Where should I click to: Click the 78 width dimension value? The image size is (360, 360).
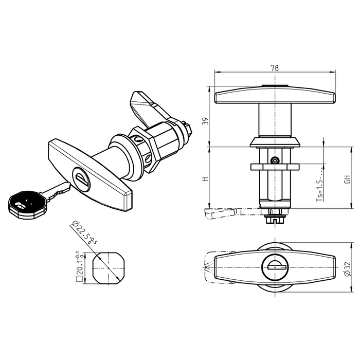coord(274,68)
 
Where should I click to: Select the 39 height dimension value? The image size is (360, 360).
coord(205,121)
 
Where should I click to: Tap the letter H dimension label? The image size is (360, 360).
coord(206,178)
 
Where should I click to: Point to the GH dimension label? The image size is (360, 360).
coord(348,179)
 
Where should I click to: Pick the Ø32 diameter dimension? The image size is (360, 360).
coord(348,268)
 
